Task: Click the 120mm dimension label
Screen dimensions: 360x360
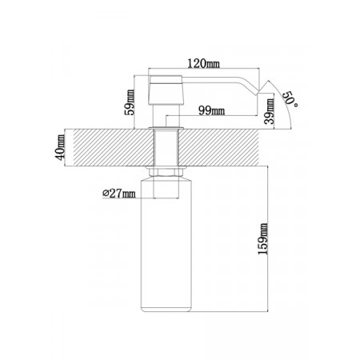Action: [x=204, y=64]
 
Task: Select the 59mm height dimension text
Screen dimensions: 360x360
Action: [x=130, y=102]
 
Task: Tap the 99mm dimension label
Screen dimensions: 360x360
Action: [x=211, y=110]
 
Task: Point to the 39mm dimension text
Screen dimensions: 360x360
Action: [x=270, y=111]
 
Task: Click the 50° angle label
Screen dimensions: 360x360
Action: [x=290, y=99]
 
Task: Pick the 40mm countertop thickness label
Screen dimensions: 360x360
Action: [x=60, y=147]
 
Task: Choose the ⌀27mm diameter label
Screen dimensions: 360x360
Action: [x=119, y=194]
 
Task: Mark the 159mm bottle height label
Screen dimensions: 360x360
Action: [x=263, y=238]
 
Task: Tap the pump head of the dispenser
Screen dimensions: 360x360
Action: [x=166, y=90]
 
